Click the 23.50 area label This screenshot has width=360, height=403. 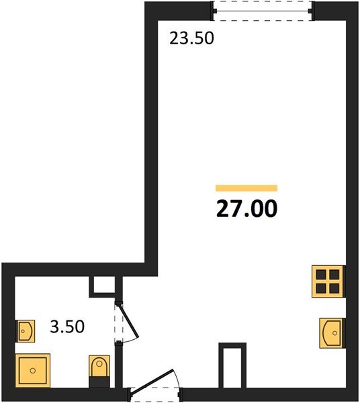coord(191,38)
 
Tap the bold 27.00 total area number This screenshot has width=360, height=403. coord(246,209)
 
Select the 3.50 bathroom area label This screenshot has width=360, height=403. coord(67,326)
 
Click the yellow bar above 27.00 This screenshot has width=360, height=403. coord(246,188)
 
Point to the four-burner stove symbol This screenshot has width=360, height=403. coord(328,281)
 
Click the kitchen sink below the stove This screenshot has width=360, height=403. coord(331,333)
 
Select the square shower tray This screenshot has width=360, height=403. coord(33,370)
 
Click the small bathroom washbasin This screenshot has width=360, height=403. coord(26,331)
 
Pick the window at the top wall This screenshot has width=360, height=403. coord(263,11)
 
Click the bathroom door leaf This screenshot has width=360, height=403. coord(128,320)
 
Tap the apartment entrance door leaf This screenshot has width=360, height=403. coord(152,381)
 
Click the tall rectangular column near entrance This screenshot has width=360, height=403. coord(232,365)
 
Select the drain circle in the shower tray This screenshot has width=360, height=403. coord(33,371)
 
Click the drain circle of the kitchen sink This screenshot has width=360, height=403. coord(334,333)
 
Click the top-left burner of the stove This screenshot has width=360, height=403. coord(321,275)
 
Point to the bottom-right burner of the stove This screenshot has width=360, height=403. coord(334,288)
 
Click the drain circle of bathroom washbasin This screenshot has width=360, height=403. coord(23,331)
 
